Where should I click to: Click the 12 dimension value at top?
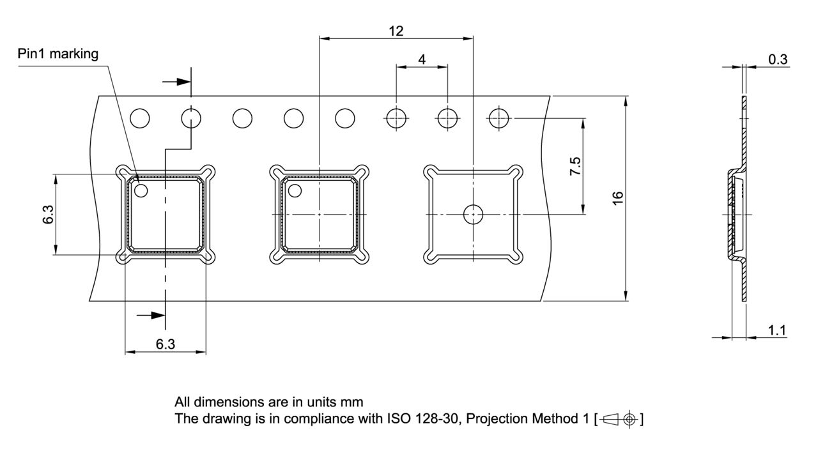click(x=396, y=31)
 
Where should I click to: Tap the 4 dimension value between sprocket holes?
click(x=422, y=59)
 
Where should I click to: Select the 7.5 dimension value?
click(x=575, y=166)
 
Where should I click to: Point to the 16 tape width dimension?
click(x=617, y=198)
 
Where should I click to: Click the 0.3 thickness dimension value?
click(x=778, y=59)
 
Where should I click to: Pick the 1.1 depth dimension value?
click(x=776, y=330)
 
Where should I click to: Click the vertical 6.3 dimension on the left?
click(x=48, y=214)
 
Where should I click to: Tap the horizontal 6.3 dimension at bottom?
click(x=166, y=344)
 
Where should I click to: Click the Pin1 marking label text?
click(x=58, y=54)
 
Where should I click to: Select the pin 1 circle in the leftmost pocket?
click(x=141, y=190)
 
